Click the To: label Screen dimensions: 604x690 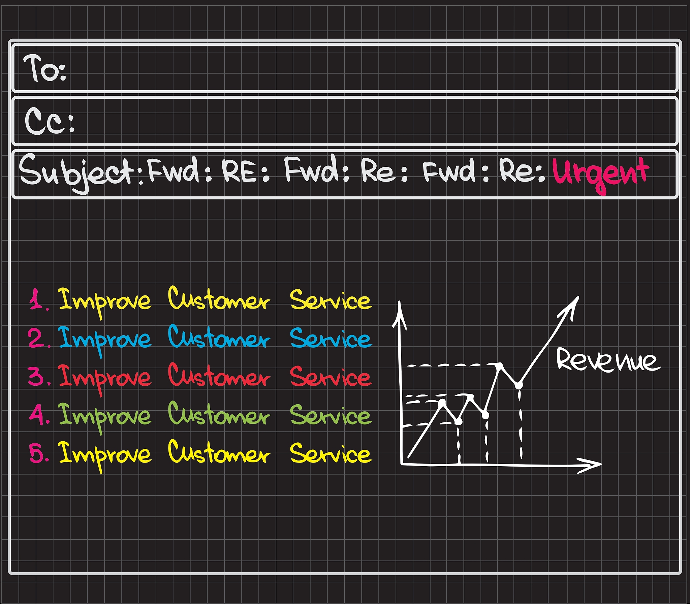[x=45, y=69]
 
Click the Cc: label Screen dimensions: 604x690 [x=49, y=121]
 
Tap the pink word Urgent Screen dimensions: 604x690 [x=600, y=174]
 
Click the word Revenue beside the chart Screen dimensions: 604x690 [x=606, y=361]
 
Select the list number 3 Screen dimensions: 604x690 [x=38, y=377]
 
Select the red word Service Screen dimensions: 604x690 [x=331, y=377]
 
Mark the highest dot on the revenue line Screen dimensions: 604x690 [x=501, y=365]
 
